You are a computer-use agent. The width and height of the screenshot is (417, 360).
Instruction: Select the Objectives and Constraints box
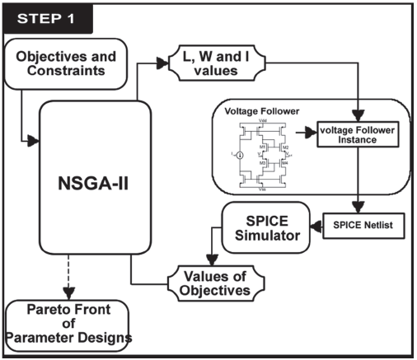[68, 63]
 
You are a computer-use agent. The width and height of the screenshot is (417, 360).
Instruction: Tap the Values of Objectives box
[216, 283]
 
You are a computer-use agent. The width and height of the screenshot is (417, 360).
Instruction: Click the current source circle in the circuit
[240, 155]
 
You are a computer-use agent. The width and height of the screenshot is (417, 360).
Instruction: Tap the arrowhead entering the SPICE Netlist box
[359, 209]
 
